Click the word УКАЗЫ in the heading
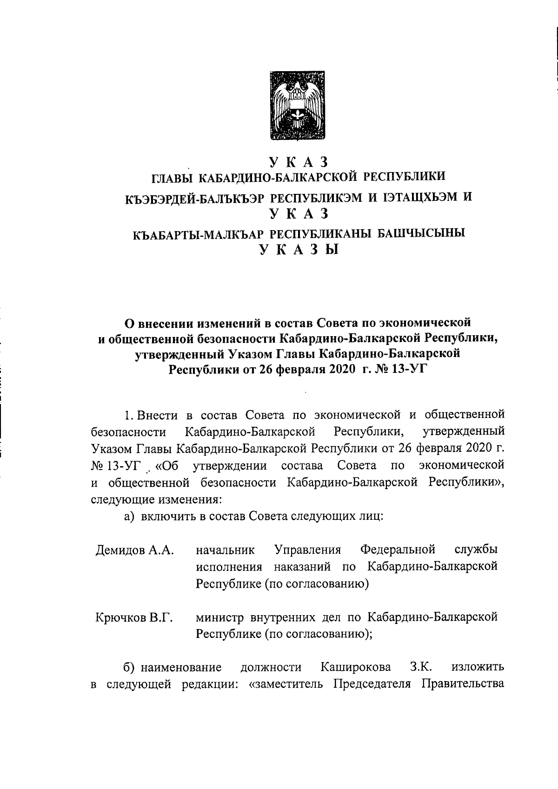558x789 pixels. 299,250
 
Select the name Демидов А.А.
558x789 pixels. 135,551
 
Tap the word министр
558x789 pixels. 220,617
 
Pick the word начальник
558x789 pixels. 226,550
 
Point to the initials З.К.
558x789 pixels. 422,668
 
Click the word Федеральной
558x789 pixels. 398,550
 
